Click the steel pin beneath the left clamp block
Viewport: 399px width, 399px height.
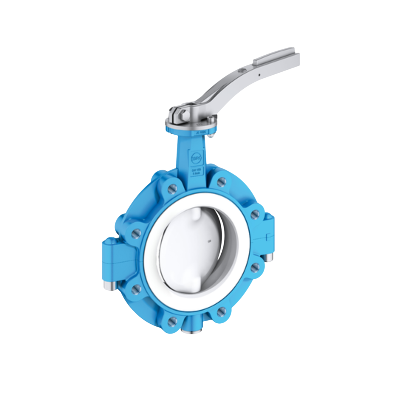[108, 286]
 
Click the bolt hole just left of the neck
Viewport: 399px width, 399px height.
[172, 189]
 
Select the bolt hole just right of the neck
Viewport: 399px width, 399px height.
[221, 181]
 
